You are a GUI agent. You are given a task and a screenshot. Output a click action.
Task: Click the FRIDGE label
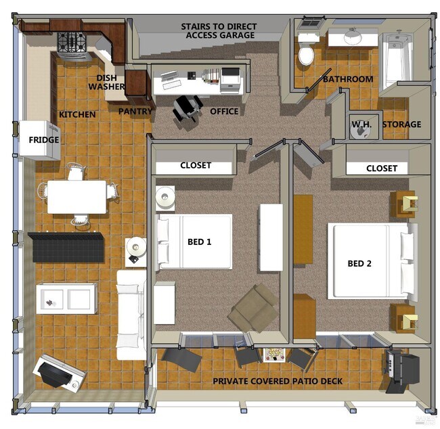[43, 140]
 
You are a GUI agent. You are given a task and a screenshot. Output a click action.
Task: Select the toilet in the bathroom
[307, 53]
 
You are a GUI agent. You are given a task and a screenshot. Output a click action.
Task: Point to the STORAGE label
[401, 125]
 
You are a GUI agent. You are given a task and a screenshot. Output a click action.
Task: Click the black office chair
[187, 108]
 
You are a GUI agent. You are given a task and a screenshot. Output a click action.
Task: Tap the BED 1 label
[200, 242]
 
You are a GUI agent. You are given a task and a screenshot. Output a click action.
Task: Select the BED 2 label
[360, 263]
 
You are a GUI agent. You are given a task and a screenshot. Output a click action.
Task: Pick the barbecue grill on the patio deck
[402, 368]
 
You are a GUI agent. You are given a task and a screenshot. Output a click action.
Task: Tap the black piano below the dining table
[66, 247]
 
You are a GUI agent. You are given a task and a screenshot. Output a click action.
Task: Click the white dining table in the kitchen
[76, 196]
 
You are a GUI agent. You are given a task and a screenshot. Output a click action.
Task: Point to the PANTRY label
[135, 111]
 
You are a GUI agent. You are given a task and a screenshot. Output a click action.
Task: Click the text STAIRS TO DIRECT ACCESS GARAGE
[217, 31]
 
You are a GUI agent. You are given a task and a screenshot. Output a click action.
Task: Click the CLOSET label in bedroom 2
[382, 168]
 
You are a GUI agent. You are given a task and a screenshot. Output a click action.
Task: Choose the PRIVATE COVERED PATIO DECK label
[278, 382]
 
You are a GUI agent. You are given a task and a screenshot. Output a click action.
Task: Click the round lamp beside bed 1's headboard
[165, 197]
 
